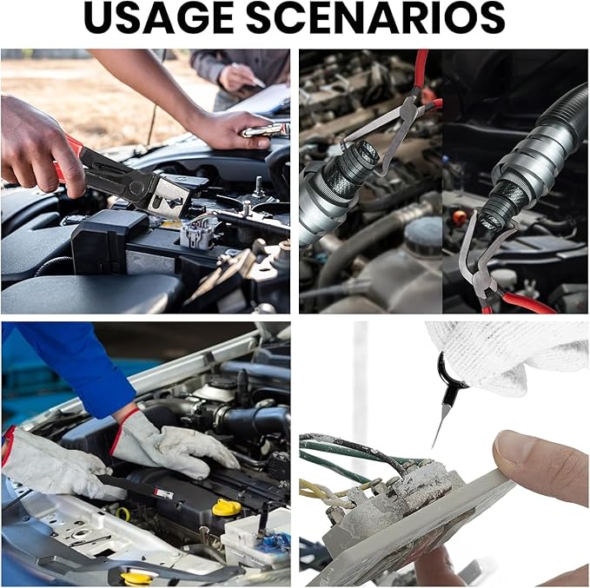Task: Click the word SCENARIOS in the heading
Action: click(375, 18)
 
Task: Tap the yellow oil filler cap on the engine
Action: click(227, 507)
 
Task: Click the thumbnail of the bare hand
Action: click(514, 450)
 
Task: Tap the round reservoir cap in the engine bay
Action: click(422, 230)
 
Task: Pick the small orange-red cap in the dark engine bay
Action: click(459, 217)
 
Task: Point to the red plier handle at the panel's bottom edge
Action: click(527, 303)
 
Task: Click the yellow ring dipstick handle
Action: click(123, 514)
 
